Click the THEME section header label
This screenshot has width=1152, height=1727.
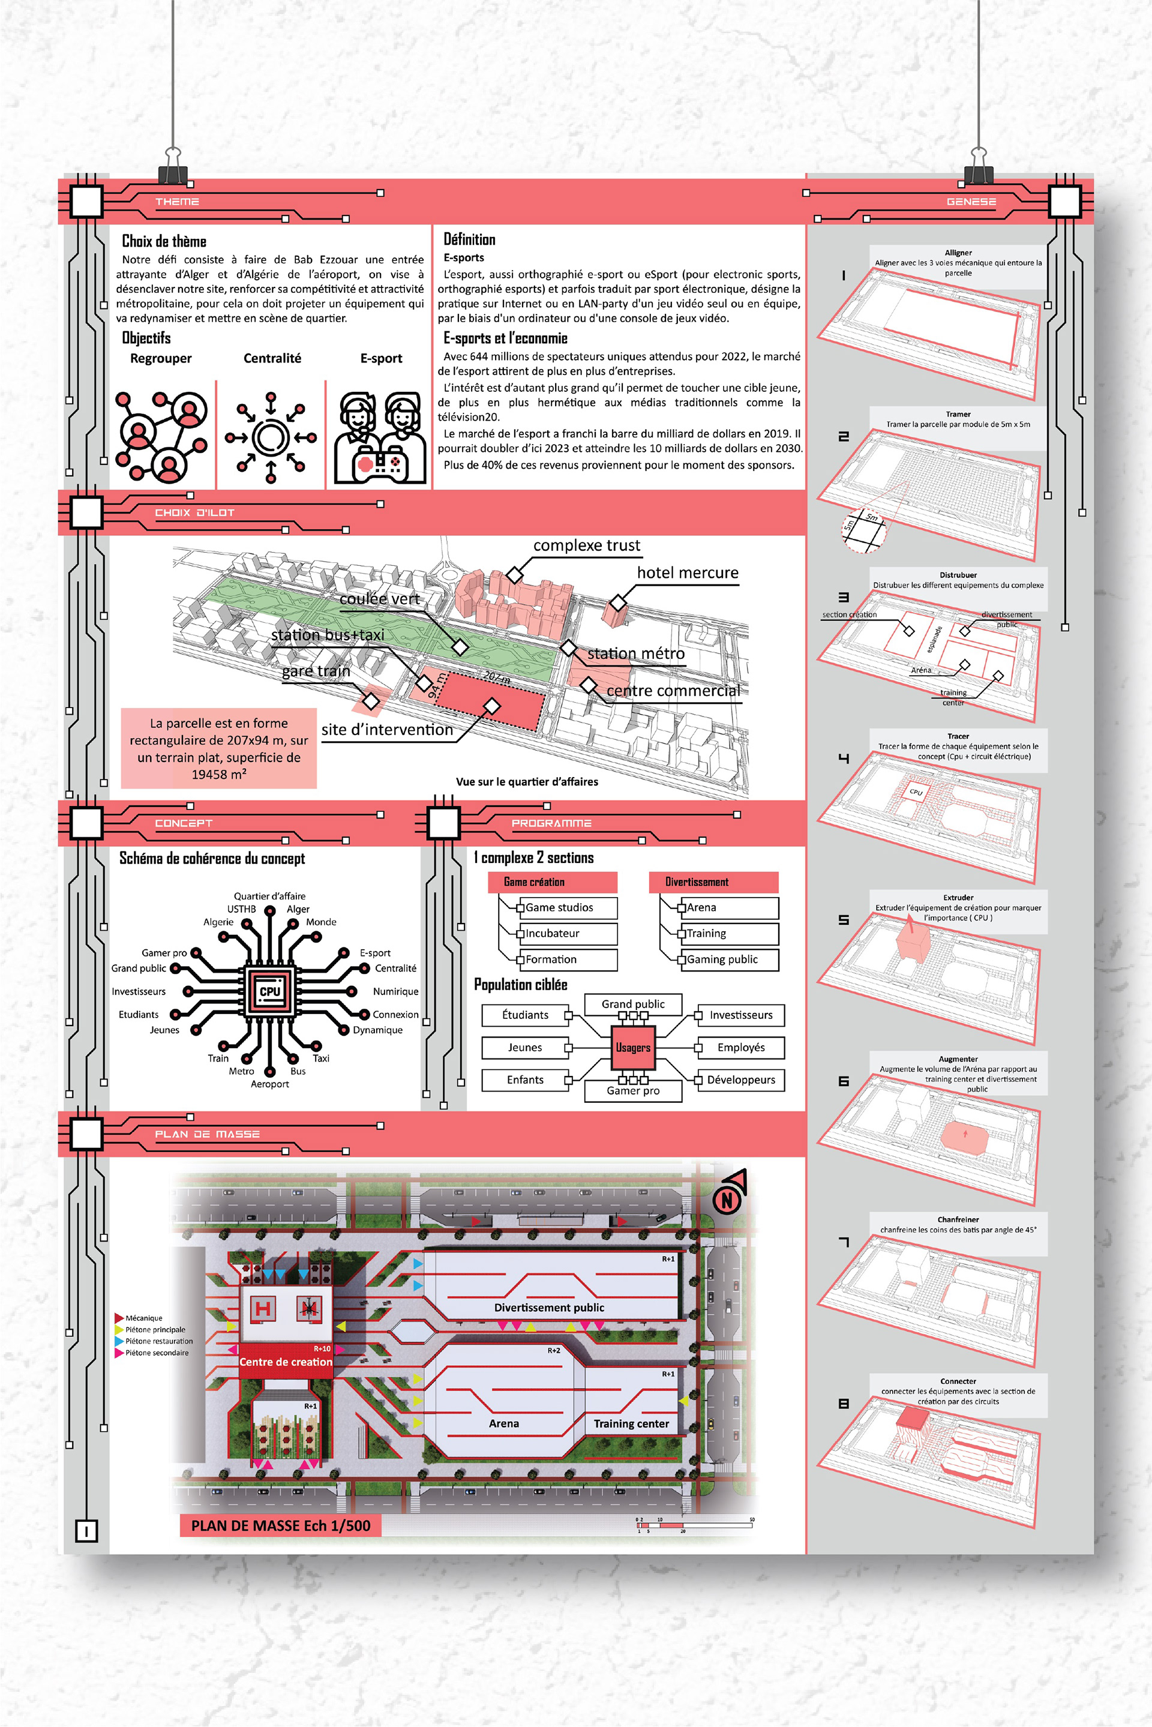pyautogui.click(x=176, y=201)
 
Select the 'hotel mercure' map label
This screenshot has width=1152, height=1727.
pyautogui.click(x=687, y=573)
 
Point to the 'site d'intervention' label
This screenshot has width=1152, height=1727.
pyautogui.click(x=387, y=730)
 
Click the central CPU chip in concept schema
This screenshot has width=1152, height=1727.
pyautogui.click(x=269, y=991)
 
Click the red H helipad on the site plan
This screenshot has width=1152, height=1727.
pyautogui.click(x=262, y=1308)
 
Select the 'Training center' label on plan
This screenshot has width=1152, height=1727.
pyautogui.click(x=631, y=1423)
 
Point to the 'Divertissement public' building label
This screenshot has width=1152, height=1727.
pyautogui.click(x=549, y=1308)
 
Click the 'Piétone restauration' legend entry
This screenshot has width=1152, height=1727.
pyautogui.click(x=158, y=1341)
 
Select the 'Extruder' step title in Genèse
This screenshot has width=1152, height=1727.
pyautogui.click(x=958, y=898)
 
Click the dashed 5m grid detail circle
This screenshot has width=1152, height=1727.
pyautogui.click(x=863, y=530)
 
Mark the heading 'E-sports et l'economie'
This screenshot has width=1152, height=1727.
pyautogui.click(x=505, y=338)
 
